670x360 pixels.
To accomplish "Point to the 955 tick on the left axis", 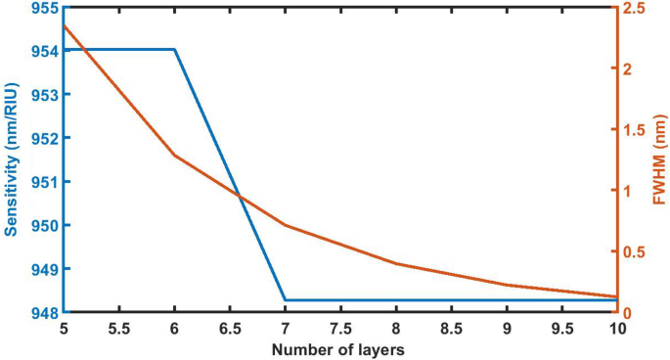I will click(44, 8).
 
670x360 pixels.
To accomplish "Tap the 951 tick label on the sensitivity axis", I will click(44, 182).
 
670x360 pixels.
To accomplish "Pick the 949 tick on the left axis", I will click(44, 269).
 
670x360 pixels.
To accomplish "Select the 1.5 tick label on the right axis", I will click(637, 130).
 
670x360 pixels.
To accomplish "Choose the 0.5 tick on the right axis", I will click(637, 252).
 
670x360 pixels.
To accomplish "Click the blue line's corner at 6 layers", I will click(175, 49).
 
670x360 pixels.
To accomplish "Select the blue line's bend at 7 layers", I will click(286, 300).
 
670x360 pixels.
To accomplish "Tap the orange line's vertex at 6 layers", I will click(175, 156).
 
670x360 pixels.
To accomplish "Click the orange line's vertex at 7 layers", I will click(286, 225).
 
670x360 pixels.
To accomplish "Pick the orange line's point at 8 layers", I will click(396, 263).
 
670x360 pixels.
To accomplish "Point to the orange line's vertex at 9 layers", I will click(507, 285).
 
